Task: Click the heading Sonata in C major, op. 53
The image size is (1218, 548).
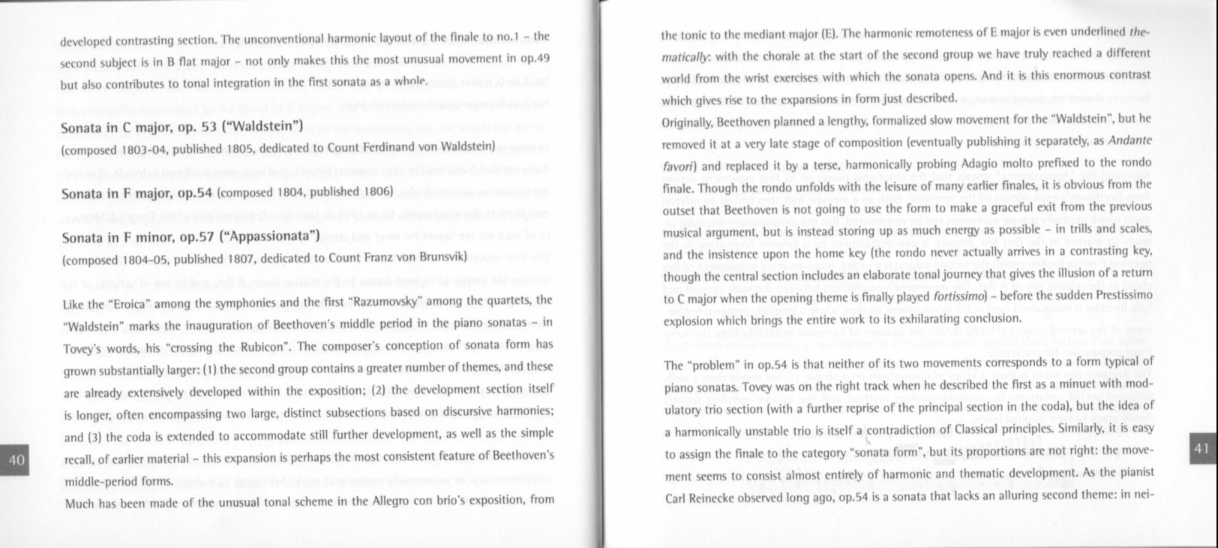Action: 181,125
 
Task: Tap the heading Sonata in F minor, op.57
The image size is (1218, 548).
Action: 190,237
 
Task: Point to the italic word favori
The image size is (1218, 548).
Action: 678,163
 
